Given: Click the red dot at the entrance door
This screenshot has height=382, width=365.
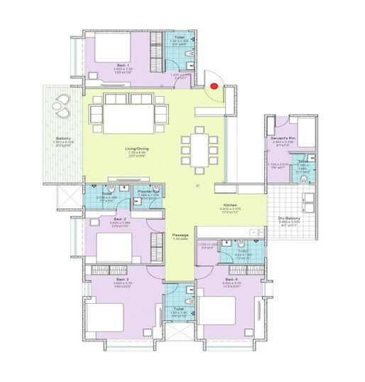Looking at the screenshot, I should (214, 87).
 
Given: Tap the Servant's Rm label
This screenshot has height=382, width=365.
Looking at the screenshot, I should (283, 137).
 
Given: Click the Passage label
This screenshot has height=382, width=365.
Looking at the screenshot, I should (179, 234).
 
